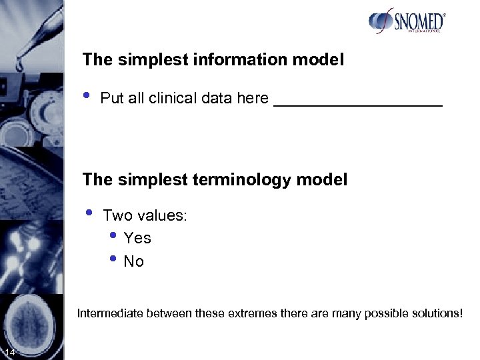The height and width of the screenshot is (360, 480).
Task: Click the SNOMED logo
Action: [407, 21]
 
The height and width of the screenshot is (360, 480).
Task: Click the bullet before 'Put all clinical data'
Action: [87, 94]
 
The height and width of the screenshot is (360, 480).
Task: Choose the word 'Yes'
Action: [137, 238]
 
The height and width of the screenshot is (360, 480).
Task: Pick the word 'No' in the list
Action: [133, 261]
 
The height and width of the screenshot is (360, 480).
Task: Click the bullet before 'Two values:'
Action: [89, 211]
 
